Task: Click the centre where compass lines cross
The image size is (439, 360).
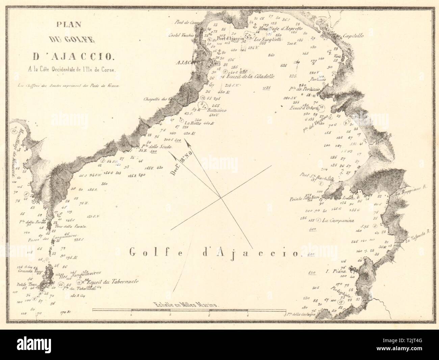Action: click(221, 198)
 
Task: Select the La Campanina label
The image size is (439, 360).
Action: click(338, 221)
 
